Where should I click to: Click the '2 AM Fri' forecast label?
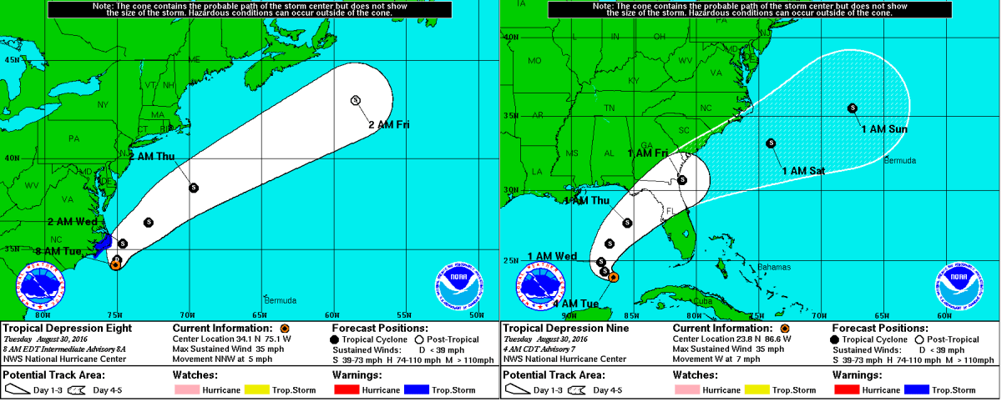pyautogui.click(x=389, y=124)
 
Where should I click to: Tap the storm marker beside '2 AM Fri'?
pyautogui.click(x=356, y=100)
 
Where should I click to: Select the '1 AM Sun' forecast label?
pyautogui.click(x=884, y=129)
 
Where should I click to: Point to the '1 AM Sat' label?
pyautogui.click(x=803, y=170)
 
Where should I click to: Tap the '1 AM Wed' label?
pyautogui.click(x=553, y=256)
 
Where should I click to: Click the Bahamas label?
pyautogui.click(x=774, y=267)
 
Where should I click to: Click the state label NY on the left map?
pyautogui.click(x=104, y=104)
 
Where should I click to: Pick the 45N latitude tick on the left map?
pyautogui.click(x=12, y=60)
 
